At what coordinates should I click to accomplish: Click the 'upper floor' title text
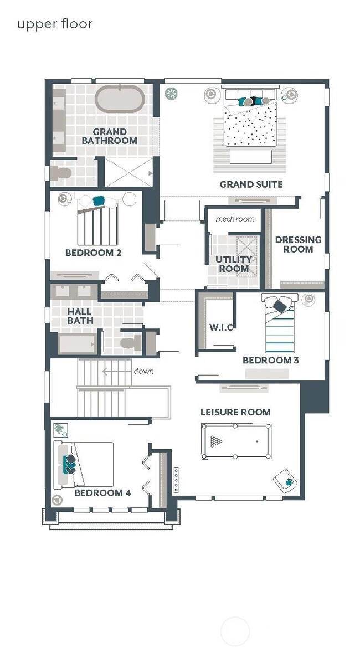55,24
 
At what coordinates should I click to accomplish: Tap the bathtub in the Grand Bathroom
120,99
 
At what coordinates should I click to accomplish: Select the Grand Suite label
251,184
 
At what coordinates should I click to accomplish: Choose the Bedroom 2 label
94,253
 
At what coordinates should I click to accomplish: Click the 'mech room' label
235,219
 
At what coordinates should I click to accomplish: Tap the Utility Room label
234,264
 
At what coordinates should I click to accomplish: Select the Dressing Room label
299,244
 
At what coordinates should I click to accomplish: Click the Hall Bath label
80,316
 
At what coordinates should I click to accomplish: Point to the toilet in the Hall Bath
131,342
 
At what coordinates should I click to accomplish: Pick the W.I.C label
221,327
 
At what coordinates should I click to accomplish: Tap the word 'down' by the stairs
144,371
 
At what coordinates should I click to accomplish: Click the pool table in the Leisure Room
236,441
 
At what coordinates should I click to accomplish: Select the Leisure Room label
235,412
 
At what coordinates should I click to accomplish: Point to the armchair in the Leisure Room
285,481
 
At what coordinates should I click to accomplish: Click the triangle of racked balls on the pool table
216,441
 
